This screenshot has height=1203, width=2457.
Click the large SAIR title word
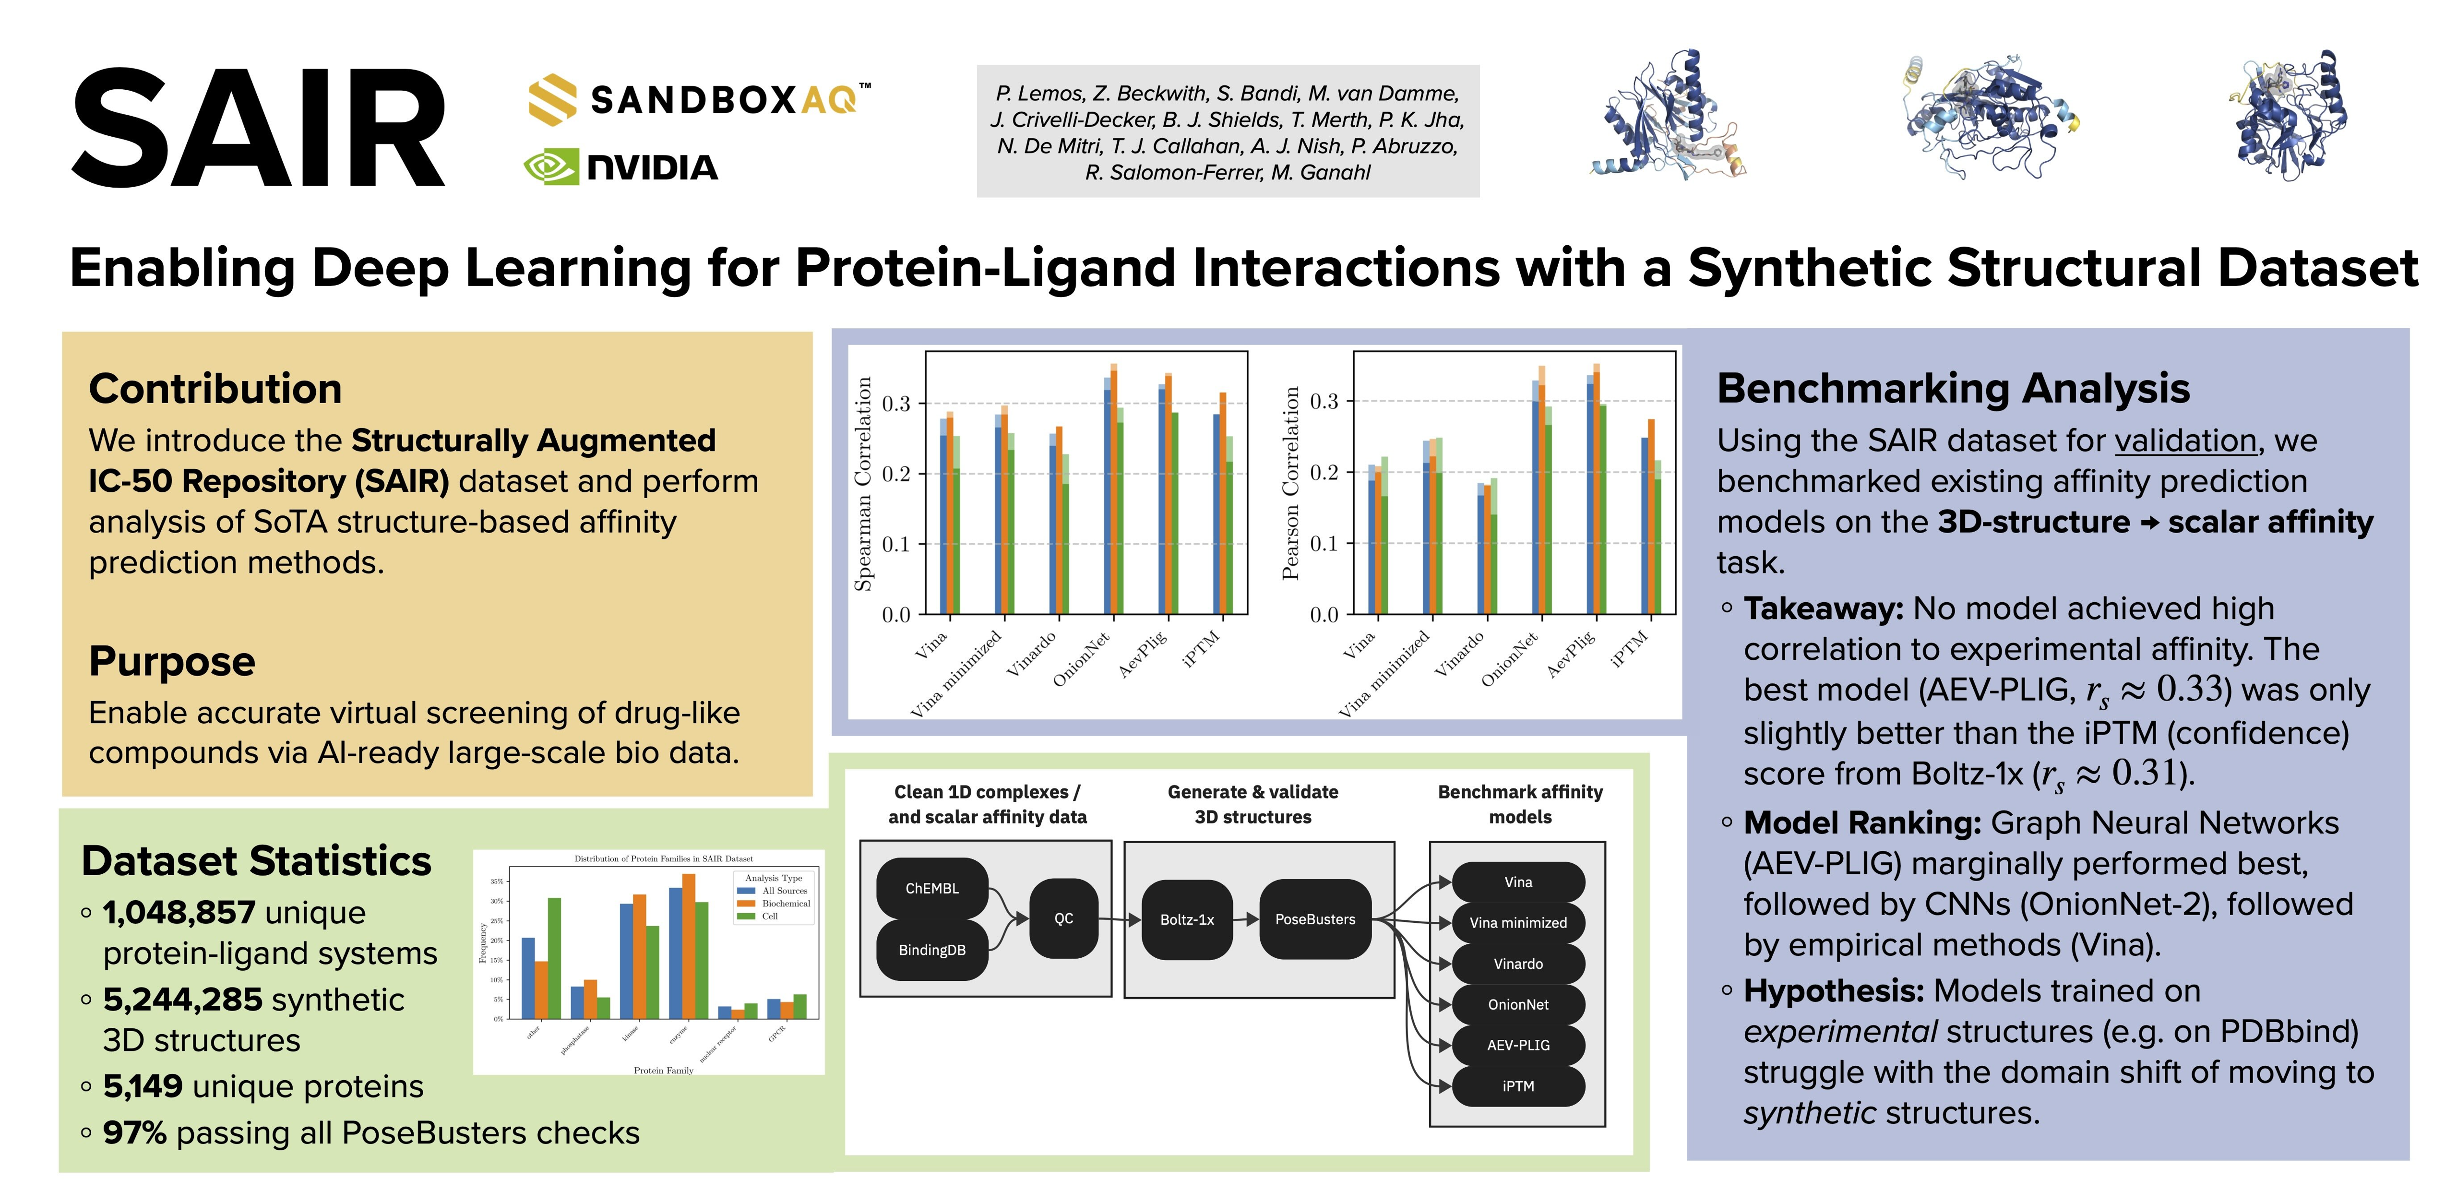pos(258,129)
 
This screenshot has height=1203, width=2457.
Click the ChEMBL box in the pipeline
pos(932,888)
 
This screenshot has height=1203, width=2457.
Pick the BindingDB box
pos(932,950)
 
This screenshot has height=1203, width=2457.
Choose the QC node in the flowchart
pos(1063,919)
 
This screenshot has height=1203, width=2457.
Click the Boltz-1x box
pos(1187,920)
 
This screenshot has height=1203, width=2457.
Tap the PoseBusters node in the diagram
pos(1314,920)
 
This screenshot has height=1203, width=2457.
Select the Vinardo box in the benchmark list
pos(1517,964)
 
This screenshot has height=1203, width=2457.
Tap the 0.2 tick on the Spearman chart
pos(895,474)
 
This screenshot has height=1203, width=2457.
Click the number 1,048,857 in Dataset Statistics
pos(179,913)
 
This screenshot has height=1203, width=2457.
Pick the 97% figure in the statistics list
pos(134,1133)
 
